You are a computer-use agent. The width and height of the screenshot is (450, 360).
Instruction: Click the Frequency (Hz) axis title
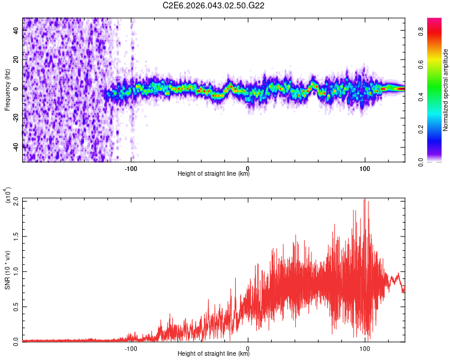[x=7, y=89]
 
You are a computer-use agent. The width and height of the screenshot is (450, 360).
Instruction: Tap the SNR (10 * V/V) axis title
[x=7, y=269]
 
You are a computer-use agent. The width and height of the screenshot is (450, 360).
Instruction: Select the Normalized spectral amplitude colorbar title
[x=446, y=89]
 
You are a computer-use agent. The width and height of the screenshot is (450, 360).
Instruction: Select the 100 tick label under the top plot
[x=365, y=166]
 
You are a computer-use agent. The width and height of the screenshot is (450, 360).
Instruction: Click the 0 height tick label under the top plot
[x=248, y=166]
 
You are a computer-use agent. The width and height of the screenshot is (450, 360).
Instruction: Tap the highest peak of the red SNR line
[x=364, y=200]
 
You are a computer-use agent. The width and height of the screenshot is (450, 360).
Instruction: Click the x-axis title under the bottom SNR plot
[x=214, y=354]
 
